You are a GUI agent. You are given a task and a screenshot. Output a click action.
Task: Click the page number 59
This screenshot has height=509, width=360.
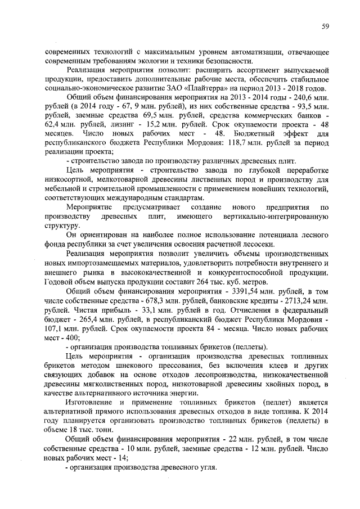325,25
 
